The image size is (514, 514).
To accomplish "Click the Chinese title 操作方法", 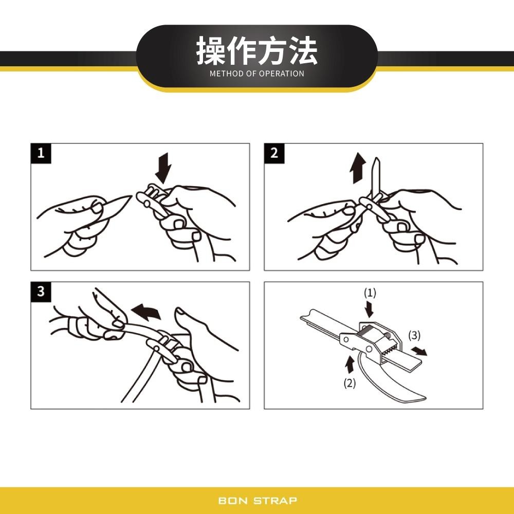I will coord(257,51).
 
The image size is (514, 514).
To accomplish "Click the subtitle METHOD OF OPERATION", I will coord(257,74).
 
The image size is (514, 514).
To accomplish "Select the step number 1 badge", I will coord(41,153).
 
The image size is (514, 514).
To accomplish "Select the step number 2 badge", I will coord(274,153).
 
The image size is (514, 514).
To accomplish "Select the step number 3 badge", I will coord(41,291).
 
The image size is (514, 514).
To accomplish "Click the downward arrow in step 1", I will coord(164,167).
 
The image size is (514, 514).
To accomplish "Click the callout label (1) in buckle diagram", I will coord(370,293).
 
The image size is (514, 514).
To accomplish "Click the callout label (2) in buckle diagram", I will coord(350,383).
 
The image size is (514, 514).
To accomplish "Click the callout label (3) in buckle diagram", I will coord(414,336).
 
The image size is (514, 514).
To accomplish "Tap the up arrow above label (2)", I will coord(350,364).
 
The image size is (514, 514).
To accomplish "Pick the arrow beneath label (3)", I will coord(418,351).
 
